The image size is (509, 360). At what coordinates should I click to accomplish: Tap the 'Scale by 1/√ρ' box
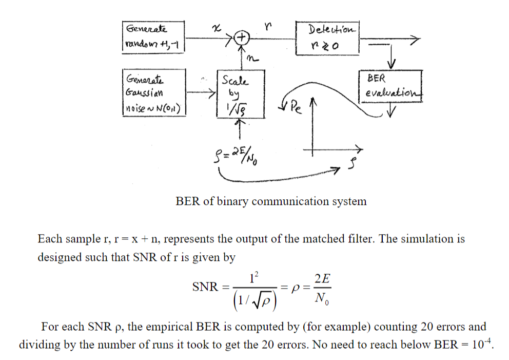click(235, 93)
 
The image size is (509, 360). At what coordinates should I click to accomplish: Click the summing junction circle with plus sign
click(242, 37)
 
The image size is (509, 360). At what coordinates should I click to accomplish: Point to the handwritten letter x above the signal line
click(217, 25)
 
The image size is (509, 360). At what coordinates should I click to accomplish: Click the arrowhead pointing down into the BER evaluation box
click(393, 64)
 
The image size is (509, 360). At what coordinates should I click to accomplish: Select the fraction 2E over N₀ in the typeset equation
click(323, 288)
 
